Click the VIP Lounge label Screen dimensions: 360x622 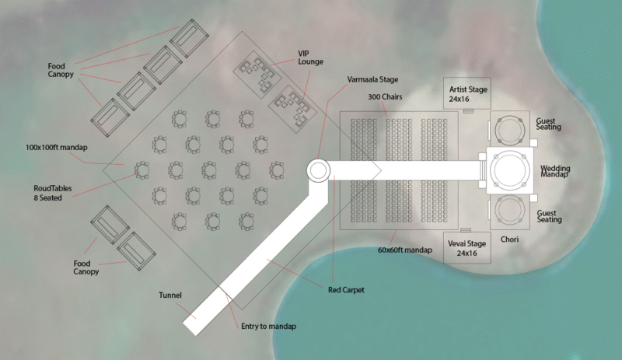click(x=310, y=57)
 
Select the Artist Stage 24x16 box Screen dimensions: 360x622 click(x=468, y=94)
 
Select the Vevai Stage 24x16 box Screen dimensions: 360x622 click(x=468, y=247)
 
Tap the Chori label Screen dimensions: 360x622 click(x=510, y=239)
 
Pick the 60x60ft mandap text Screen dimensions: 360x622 click(x=404, y=250)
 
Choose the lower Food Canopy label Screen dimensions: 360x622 click(x=86, y=267)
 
